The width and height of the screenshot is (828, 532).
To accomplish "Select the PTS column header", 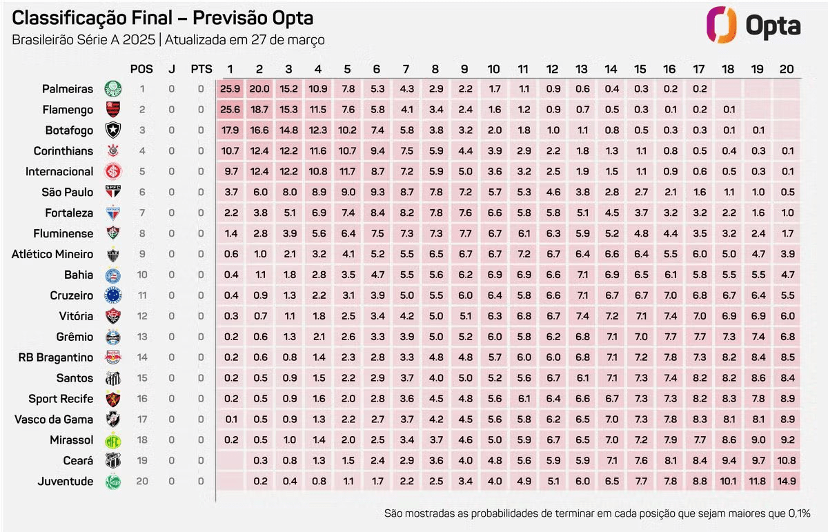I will tap(201, 69).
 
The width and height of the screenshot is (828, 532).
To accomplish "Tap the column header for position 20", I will tap(786, 69).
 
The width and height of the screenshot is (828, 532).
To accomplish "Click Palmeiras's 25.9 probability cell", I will tap(230, 89).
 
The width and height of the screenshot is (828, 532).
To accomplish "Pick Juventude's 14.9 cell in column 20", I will tap(786, 482).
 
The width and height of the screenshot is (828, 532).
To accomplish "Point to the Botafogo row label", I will tap(68, 130).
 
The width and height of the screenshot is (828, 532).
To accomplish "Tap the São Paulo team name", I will tap(68, 192).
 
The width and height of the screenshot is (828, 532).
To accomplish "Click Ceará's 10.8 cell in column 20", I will tap(786, 461).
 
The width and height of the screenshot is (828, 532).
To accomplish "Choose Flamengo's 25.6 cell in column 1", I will tap(230, 109).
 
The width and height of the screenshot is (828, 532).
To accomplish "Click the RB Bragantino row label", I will tap(56, 357).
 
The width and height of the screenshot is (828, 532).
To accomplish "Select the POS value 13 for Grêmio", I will tap(142, 337).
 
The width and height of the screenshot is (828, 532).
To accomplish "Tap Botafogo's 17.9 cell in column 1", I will tap(230, 130).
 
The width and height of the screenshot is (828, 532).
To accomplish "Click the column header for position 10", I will tap(494, 69).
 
